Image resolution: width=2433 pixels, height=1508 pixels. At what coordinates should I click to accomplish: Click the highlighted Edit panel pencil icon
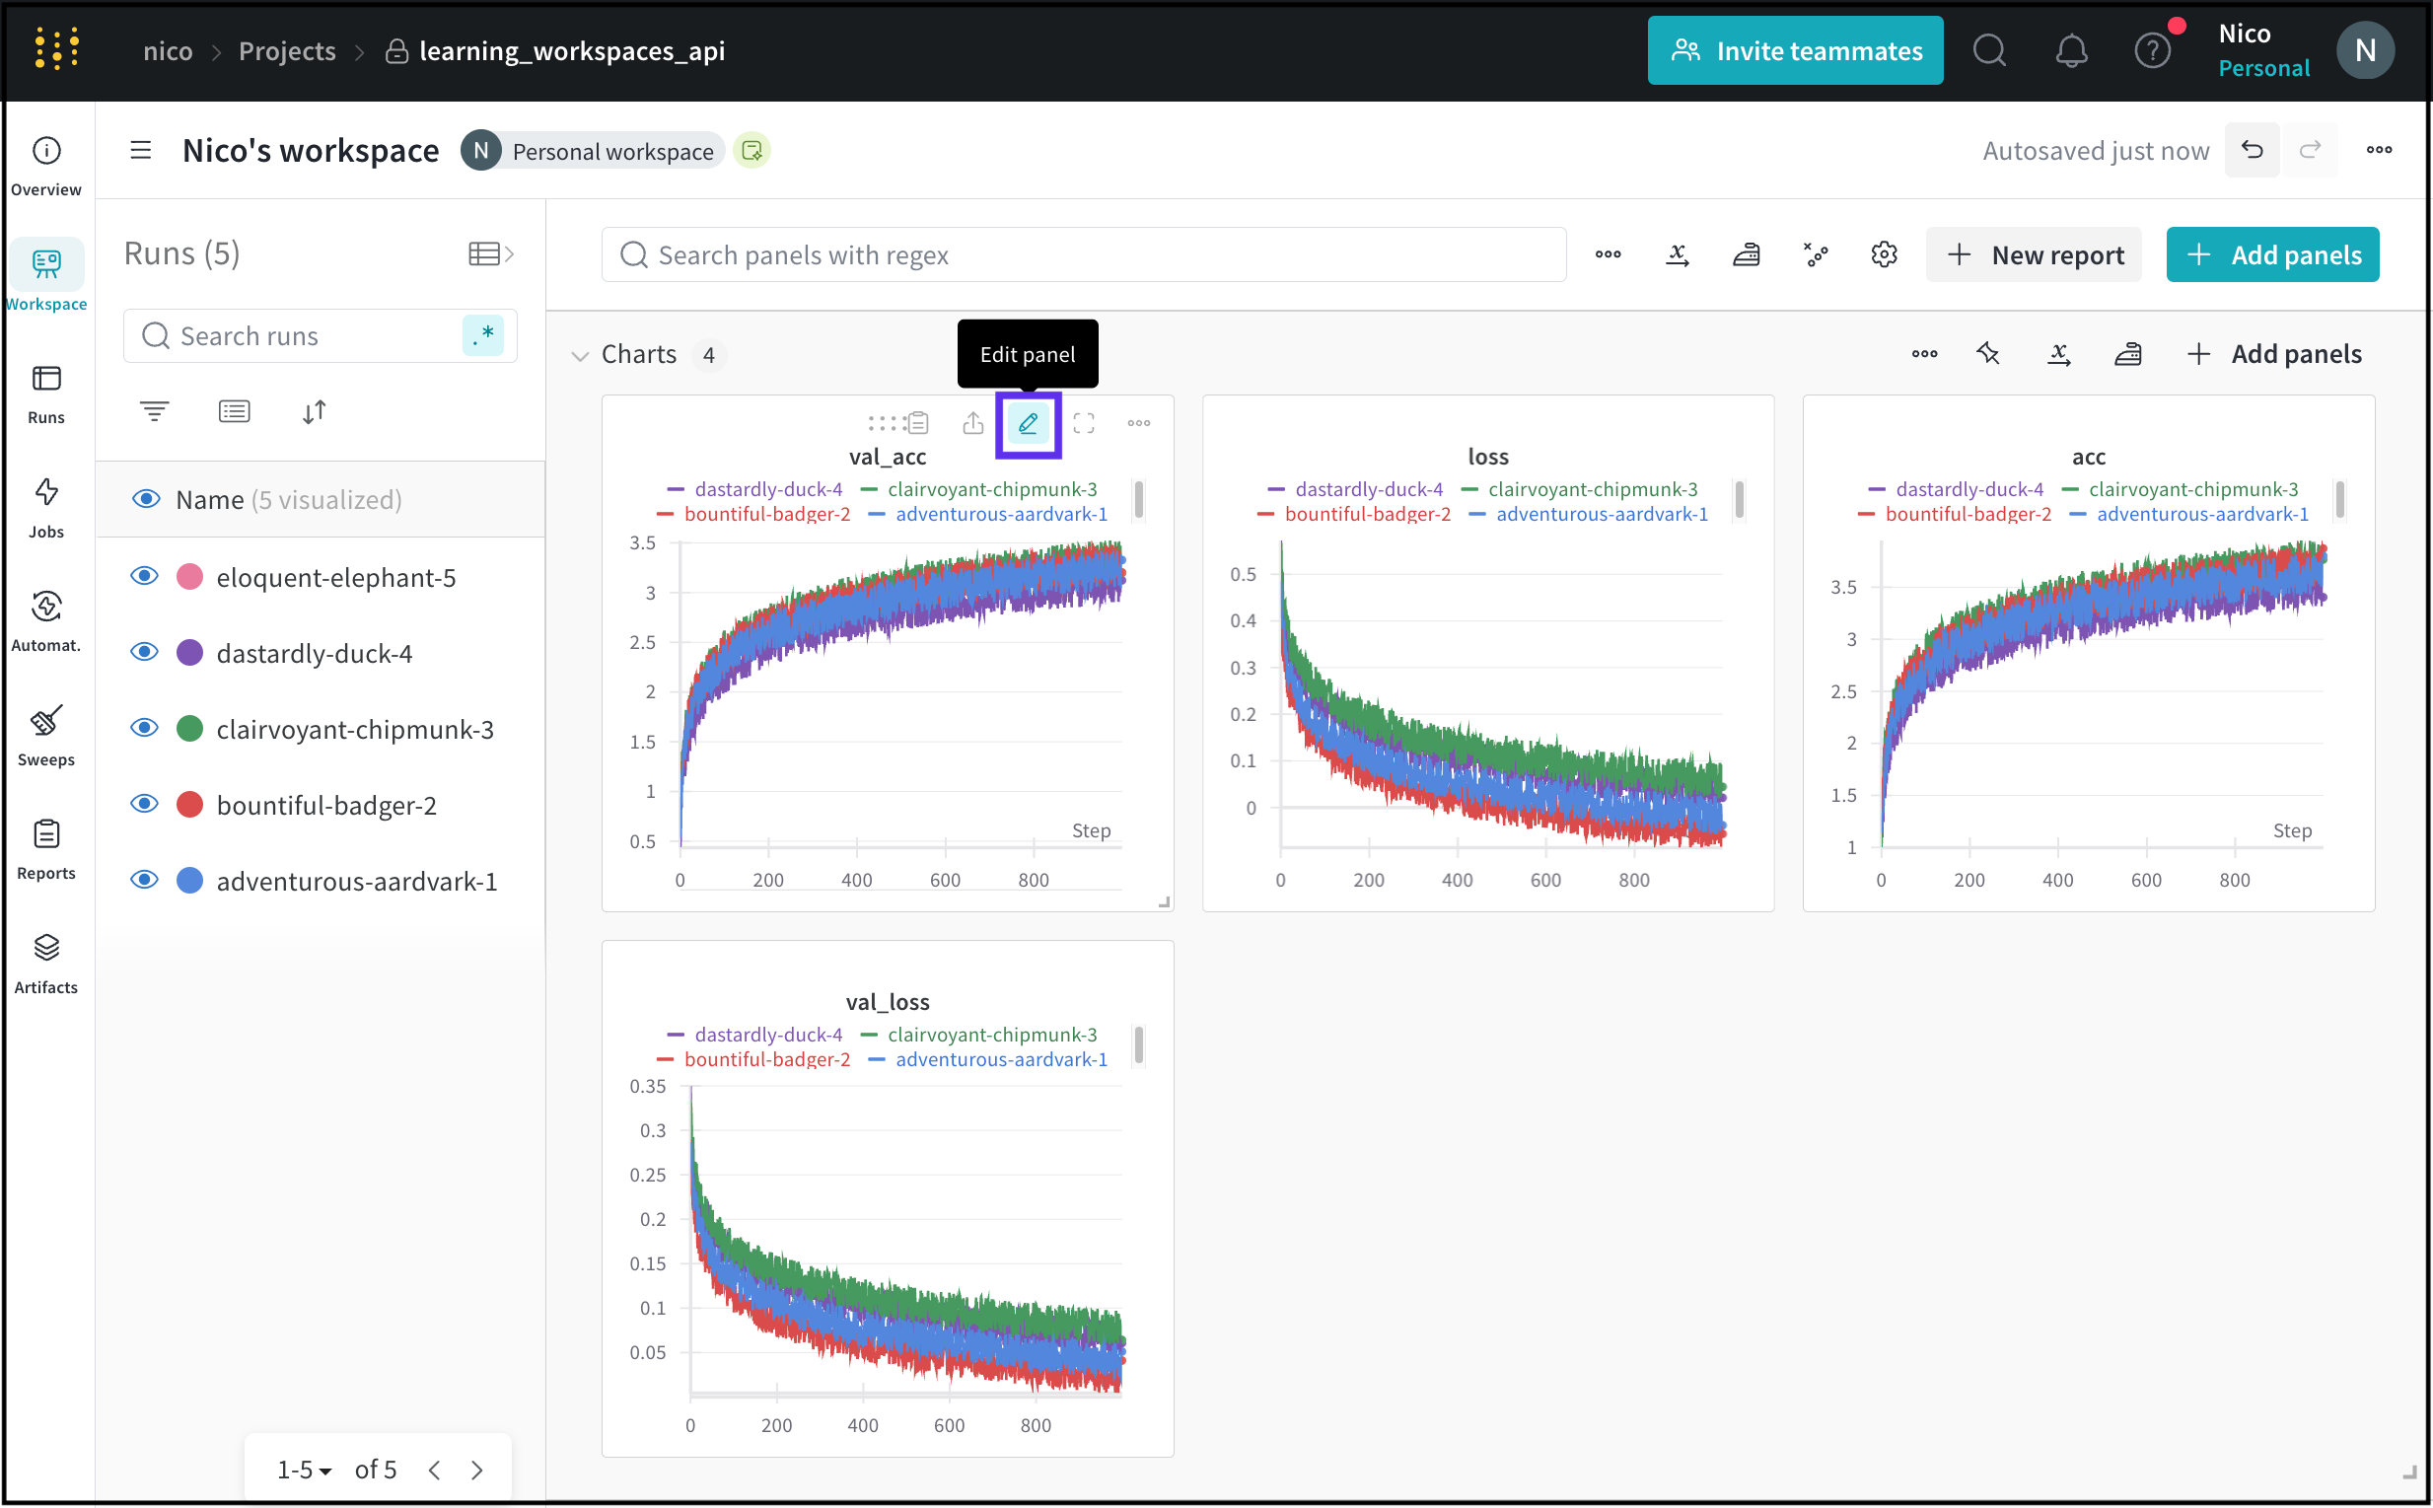point(1028,424)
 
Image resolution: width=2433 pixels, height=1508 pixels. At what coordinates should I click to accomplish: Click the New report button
point(2035,255)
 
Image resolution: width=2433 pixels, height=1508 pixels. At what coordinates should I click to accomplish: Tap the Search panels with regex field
point(1083,255)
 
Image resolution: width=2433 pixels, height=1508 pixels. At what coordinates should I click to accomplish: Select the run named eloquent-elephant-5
point(335,578)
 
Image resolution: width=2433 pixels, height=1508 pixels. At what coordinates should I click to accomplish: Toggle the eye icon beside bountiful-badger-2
point(145,805)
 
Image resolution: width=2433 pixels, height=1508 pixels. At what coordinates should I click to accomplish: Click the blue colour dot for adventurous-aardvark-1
point(189,881)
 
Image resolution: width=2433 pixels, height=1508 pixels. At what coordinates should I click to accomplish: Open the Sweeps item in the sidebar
point(46,735)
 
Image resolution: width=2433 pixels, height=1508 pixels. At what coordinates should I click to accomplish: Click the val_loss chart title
point(888,1001)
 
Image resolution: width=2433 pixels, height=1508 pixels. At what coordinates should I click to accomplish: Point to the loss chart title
point(1488,457)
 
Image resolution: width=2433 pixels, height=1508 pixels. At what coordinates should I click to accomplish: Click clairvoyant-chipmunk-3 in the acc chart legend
point(2191,490)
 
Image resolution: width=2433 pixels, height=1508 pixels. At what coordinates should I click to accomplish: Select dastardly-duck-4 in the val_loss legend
point(768,1036)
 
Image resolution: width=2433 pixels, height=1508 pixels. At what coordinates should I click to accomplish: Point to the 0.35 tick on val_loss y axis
point(648,1086)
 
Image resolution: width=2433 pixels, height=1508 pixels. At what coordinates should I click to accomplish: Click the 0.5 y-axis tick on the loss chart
point(1243,574)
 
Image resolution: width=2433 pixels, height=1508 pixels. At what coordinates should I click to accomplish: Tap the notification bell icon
point(2071,51)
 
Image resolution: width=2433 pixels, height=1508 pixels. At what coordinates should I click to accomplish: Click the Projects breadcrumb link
point(287,51)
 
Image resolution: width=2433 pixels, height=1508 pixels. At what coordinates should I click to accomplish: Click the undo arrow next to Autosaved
point(2252,151)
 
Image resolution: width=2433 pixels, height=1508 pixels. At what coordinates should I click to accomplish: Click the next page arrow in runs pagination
point(477,1471)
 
